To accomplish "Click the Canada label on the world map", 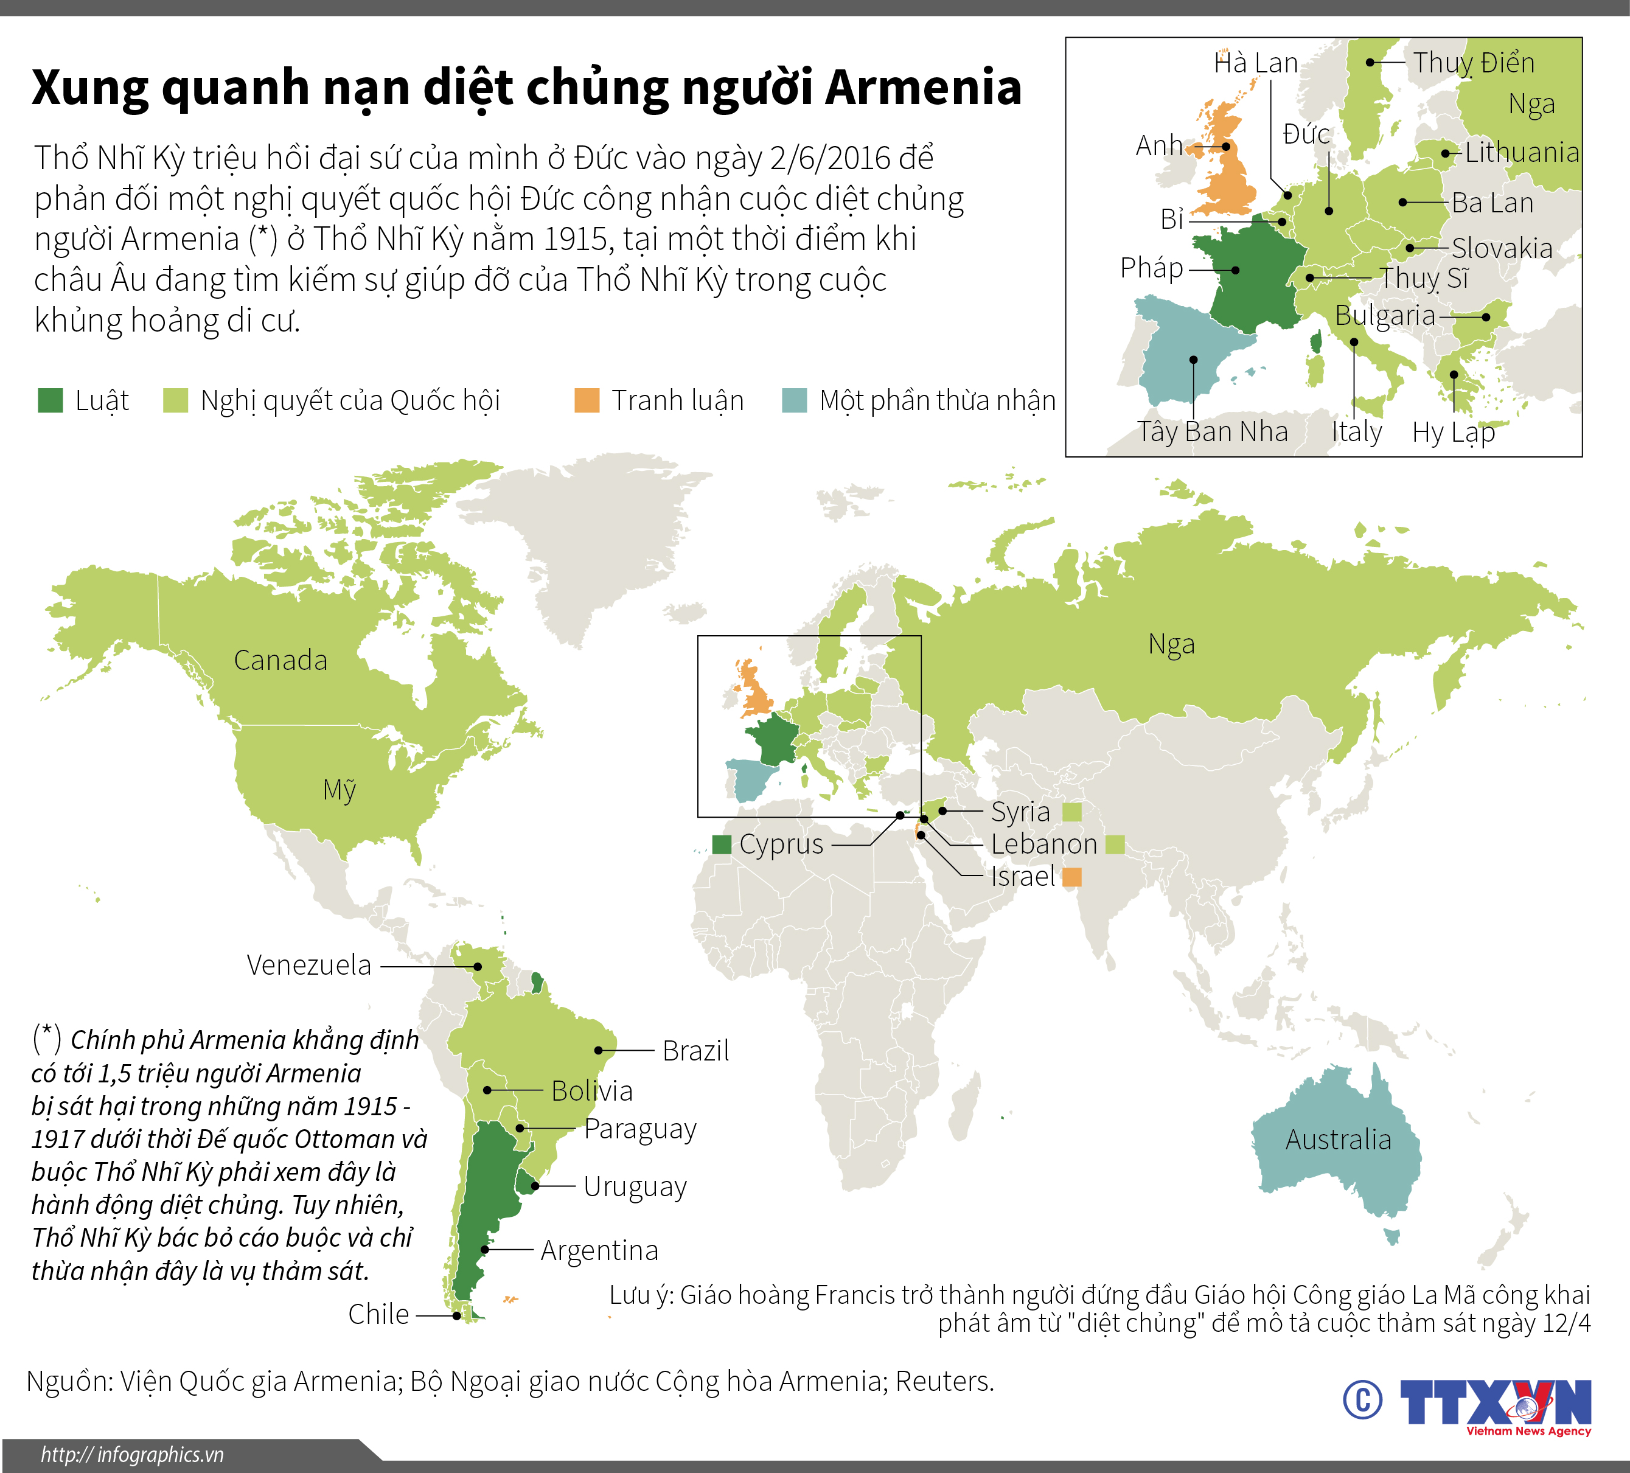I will pos(280,661).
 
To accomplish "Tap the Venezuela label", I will pos(309,966).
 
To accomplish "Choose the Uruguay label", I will pos(635,1187).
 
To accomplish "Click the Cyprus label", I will pos(781,844).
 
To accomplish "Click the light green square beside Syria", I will pos(1071,812).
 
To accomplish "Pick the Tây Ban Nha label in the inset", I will pos(1212,432).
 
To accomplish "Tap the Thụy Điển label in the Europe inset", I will pos(1473,63).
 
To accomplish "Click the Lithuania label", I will pos(1522,152).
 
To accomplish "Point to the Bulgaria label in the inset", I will pos(1385,315).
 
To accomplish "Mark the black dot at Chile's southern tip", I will pos(457,1315).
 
